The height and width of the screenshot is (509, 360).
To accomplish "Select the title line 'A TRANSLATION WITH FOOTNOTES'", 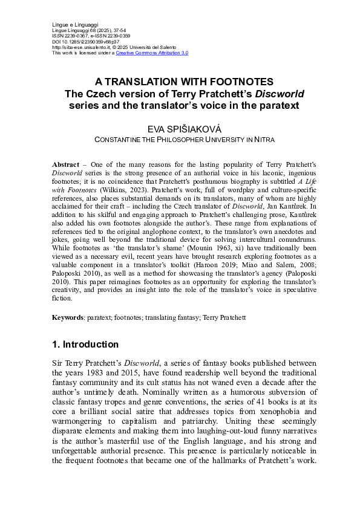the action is pos(180,82).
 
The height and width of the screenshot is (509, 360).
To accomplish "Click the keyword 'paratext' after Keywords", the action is pos(99,317).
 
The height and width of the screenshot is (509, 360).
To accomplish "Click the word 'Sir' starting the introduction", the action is pos(58,364).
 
